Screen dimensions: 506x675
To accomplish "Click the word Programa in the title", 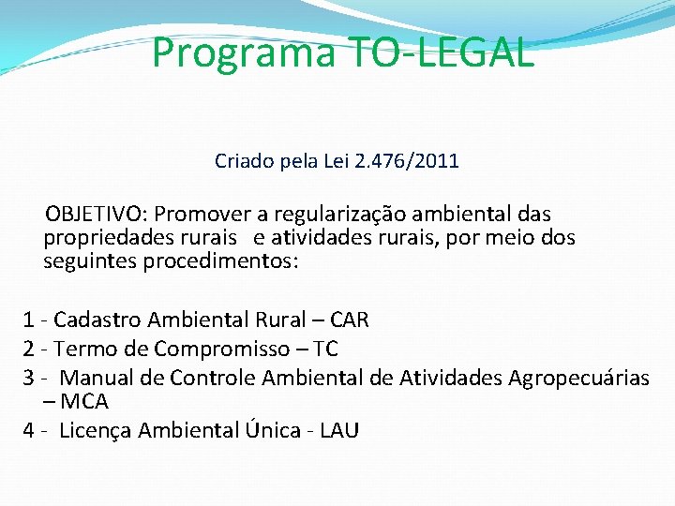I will [x=243, y=53].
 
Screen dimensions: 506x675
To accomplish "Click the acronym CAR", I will [x=350, y=320].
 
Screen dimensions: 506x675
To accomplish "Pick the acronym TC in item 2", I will [x=325, y=350].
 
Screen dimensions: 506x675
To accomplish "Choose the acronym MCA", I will [x=84, y=402].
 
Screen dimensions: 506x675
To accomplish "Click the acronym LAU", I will [x=339, y=430].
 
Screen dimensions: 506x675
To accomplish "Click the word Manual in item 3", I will [x=93, y=378].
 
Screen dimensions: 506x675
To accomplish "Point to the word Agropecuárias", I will [x=578, y=378].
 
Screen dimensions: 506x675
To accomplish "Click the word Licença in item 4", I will [x=96, y=430].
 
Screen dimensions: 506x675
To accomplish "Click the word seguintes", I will [x=90, y=261].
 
